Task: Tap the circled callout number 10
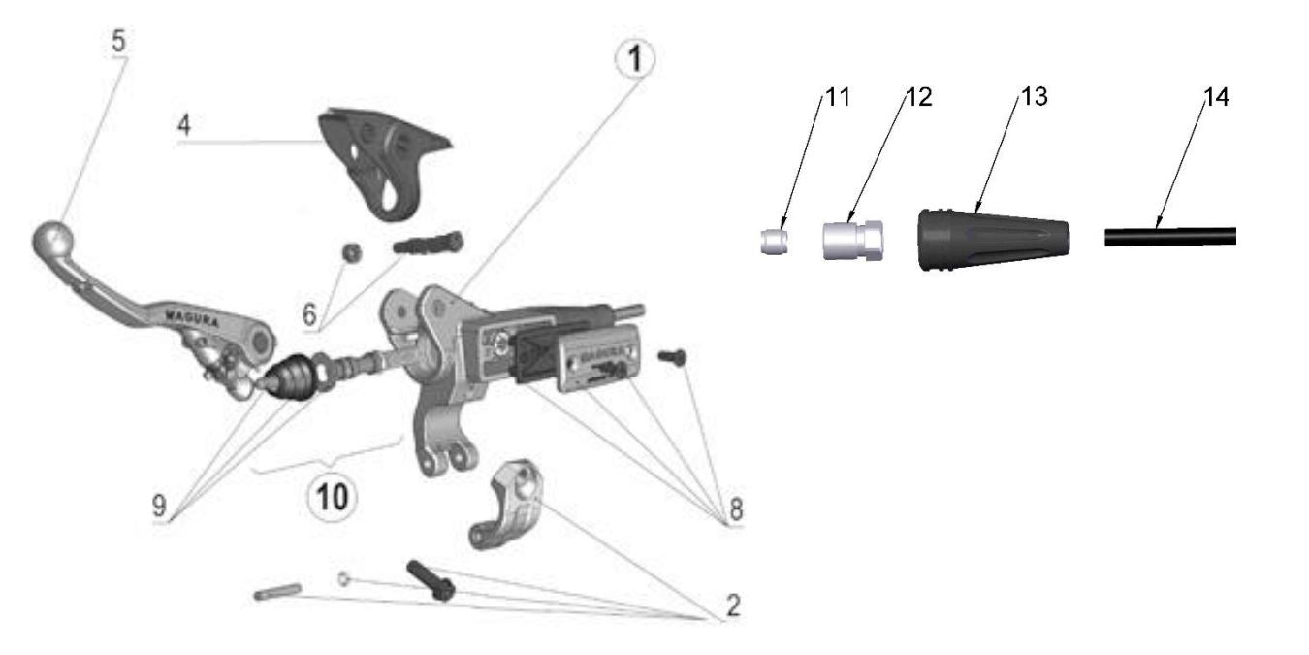click(331, 496)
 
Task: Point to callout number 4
click(184, 125)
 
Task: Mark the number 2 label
click(733, 606)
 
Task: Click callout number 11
click(837, 98)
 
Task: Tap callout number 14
click(1216, 98)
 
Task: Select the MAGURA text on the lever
click(191, 315)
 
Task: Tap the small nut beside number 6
click(354, 252)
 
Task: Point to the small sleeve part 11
click(773, 241)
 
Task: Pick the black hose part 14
click(1169, 236)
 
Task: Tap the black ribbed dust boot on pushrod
click(290, 376)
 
